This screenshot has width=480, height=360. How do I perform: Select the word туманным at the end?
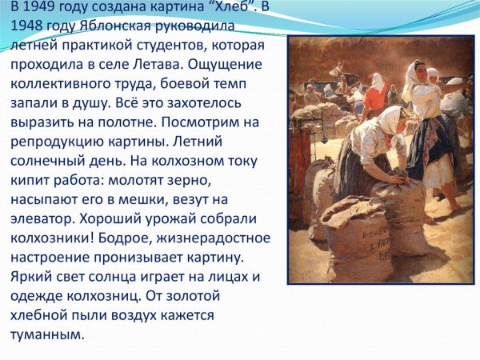[x=46, y=334]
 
